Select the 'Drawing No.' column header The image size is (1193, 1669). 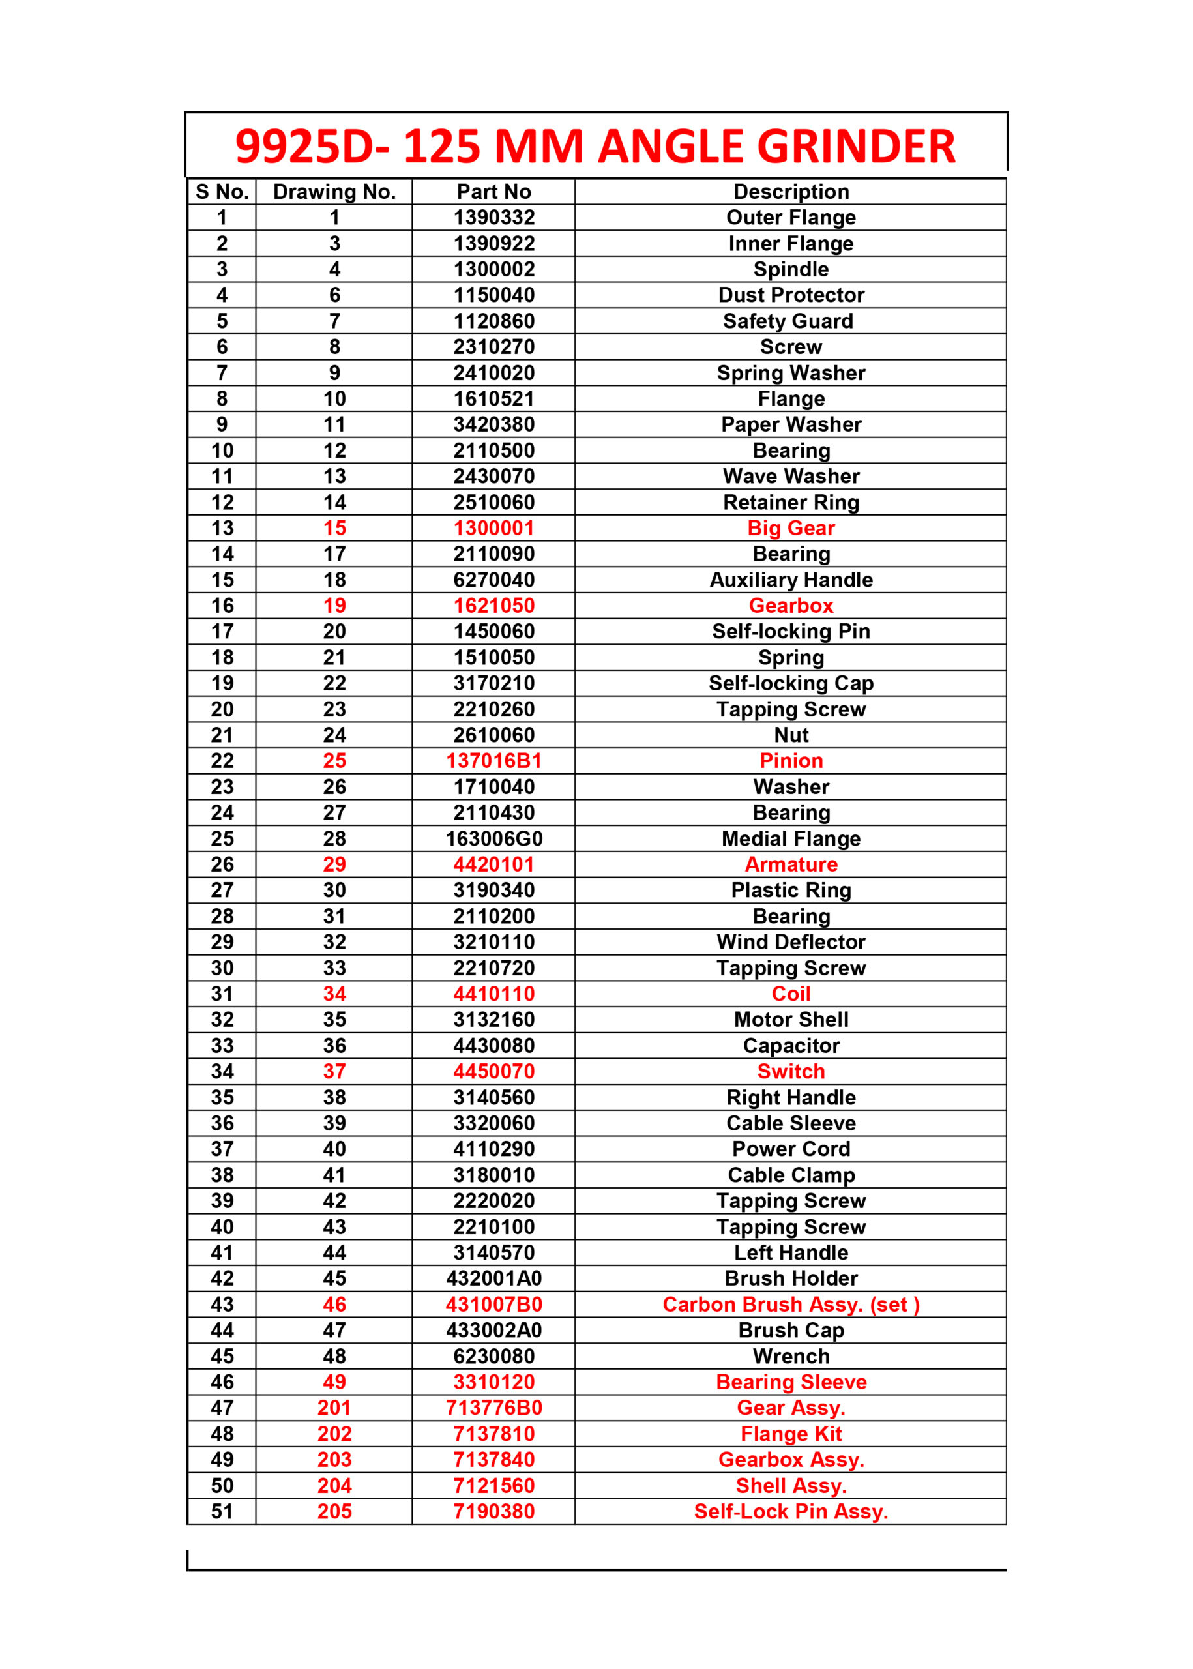[334, 192]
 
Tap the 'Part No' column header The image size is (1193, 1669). [493, 192]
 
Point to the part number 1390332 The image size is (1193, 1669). [493, 218]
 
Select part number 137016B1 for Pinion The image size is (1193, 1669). [493, 761]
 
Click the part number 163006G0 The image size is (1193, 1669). [493, 839]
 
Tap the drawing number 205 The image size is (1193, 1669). [334, 1512]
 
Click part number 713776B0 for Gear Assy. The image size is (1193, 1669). [493, 1408]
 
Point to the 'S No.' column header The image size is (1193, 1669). [222, 192]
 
